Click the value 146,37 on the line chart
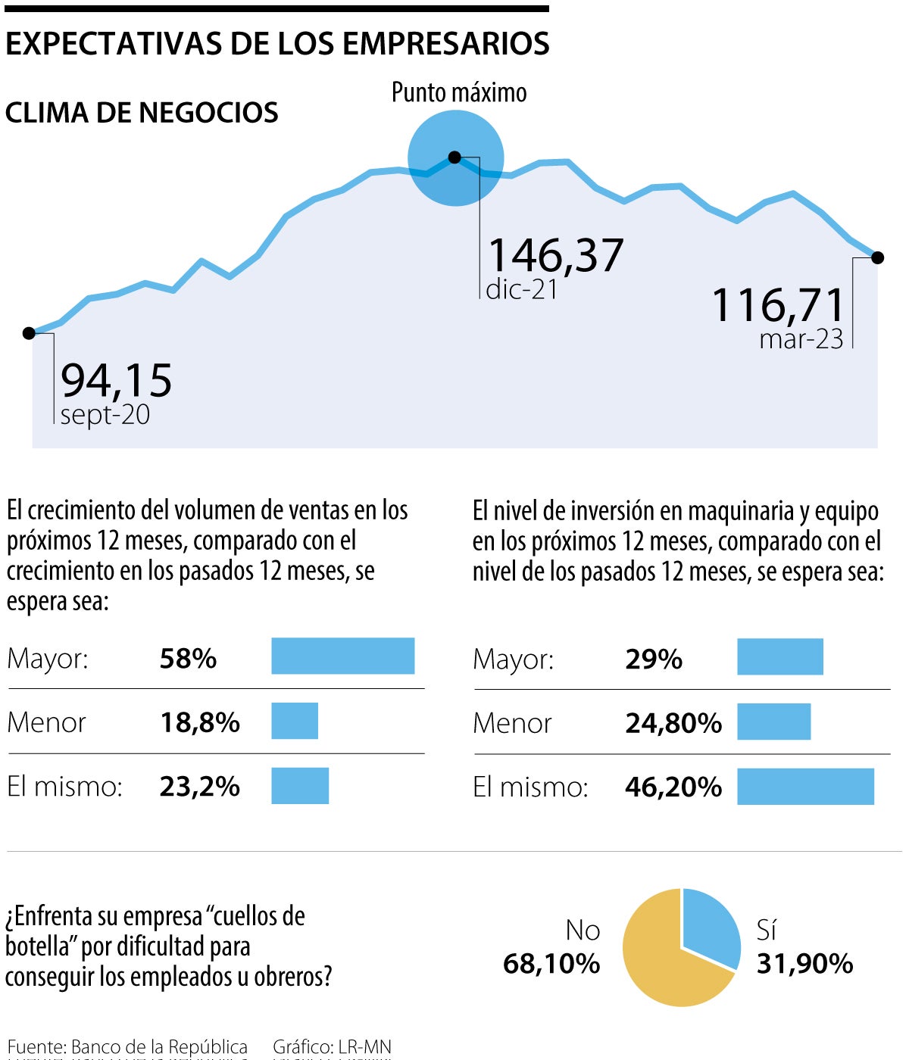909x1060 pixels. (x=555, y=255)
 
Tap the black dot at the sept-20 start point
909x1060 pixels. (x=29, y=333)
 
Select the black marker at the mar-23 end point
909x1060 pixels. (x=878, y=257)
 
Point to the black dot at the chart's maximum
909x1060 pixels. (x=454, y=157)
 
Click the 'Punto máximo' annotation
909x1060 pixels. (x=459, y=92)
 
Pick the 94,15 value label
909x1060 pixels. (x=117, y=380)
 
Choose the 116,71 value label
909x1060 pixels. (x=778, y=305)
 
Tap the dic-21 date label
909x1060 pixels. (x=522, y=289)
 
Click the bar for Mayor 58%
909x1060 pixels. (x=343, y=656)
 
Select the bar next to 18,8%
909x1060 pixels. (x=295, y=721)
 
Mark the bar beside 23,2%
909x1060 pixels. (x=300, y=786)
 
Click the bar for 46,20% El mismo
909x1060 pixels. (x=805, y=787)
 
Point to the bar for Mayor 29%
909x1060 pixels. (x=780, y=656)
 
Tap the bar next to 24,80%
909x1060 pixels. (x=773, y=722)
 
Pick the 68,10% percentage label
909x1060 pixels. (x=551, y=964)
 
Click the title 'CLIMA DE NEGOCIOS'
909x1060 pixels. (x=142, y=113)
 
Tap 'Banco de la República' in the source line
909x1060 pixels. (x=159, y=1047)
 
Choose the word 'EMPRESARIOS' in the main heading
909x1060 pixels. (x=446, y=44)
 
